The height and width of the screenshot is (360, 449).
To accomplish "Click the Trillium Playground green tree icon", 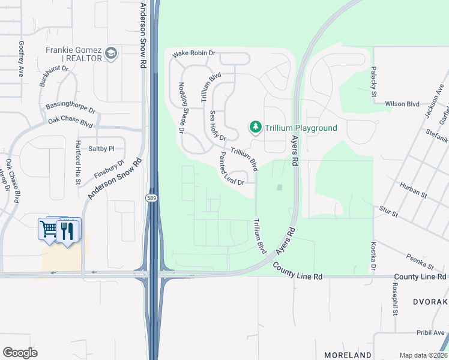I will pos(256,127).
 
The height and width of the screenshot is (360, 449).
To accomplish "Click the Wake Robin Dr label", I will pos(194,54).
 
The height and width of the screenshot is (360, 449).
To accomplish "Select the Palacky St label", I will pos(373,82).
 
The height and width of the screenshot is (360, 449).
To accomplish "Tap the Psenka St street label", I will pos(419,262).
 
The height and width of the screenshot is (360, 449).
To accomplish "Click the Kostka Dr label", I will pos(373,256).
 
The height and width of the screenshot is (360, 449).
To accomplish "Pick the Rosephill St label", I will pos(394,299).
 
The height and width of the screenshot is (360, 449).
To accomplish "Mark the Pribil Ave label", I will pos(431,332).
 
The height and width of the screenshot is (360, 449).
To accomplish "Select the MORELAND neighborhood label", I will pos(348,355).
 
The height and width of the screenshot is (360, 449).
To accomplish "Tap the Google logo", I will pos(20,353).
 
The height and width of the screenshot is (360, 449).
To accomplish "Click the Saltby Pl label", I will pos(101,148).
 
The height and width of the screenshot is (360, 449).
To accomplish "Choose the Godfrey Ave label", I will pos(22,58).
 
